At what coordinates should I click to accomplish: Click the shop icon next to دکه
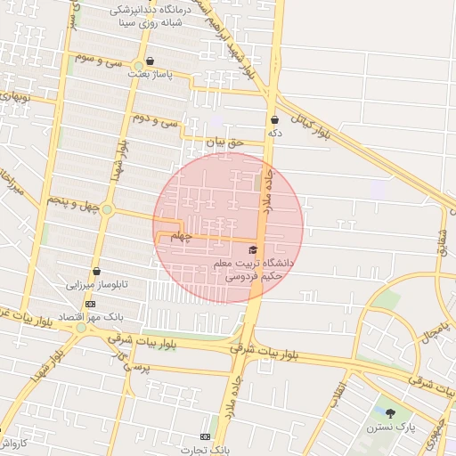(273, 119)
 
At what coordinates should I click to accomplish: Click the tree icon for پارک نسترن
(390, 412)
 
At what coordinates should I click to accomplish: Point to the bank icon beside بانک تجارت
(206, 436)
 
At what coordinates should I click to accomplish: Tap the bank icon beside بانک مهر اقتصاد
(90, 303)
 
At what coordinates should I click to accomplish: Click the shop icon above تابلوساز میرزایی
(96, 272)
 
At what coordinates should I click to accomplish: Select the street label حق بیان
(224, 142)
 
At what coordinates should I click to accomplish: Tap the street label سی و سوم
(97, 61)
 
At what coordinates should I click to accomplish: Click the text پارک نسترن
(390, 427)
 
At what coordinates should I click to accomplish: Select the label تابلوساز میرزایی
(97, 286)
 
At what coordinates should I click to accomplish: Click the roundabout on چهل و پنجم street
(107, 210)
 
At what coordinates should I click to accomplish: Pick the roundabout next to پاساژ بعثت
(138, 66)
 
